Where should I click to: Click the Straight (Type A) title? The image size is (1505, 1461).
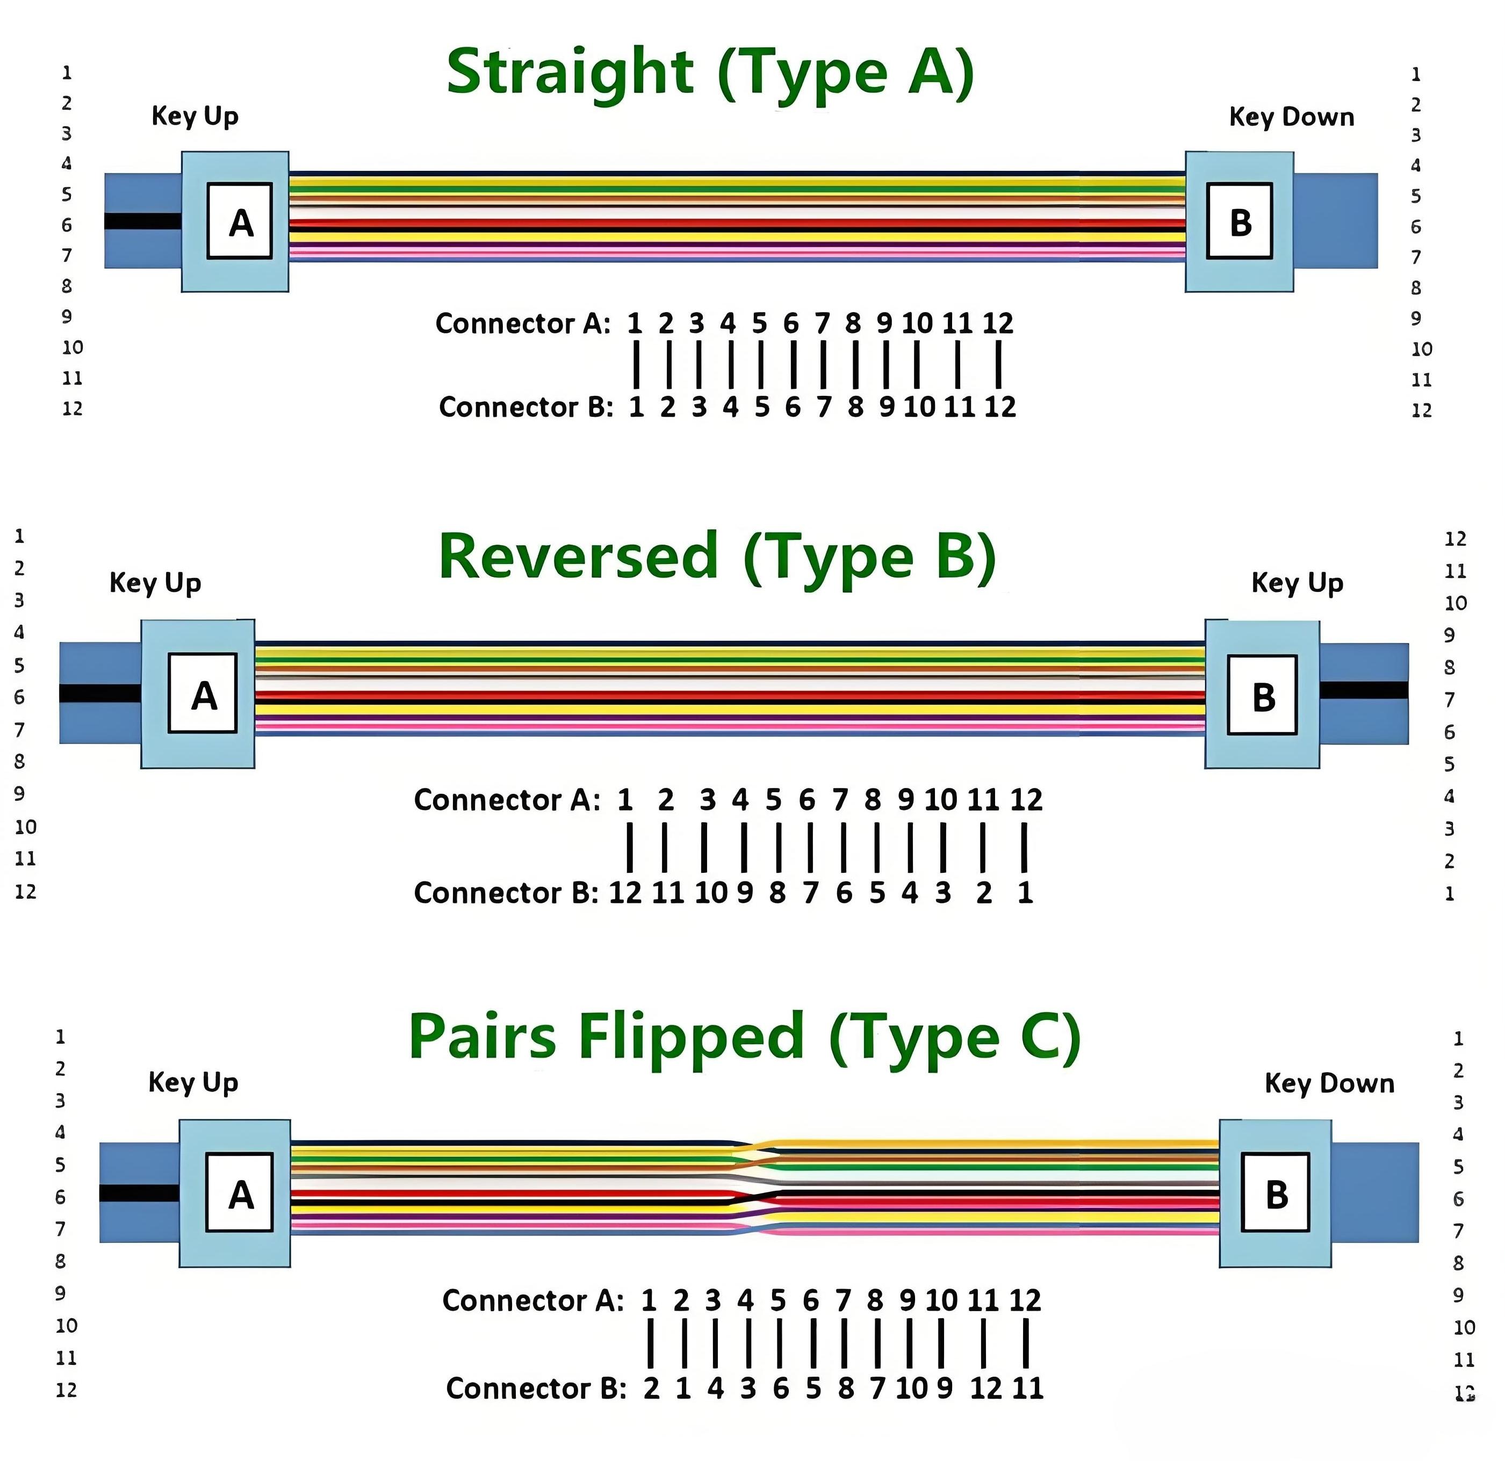(710, 73)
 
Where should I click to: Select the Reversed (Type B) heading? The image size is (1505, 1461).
(716, 558)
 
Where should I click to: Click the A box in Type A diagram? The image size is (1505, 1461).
(240, 221)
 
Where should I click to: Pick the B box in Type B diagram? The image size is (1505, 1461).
(1262, 695)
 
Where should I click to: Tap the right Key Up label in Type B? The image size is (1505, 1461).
(1297, 583)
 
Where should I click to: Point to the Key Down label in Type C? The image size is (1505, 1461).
(1329, 1083)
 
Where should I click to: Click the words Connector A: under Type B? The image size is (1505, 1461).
(507, 801)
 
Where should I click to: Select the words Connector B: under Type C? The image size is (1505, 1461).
(536, 1389)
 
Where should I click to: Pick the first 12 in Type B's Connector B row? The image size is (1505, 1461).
(625, 893)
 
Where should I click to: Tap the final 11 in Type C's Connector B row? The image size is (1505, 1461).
(1027, 1389)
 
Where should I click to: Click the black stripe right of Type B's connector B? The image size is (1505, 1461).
(1364, 691)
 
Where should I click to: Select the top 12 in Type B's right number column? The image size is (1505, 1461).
(1455, 539)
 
